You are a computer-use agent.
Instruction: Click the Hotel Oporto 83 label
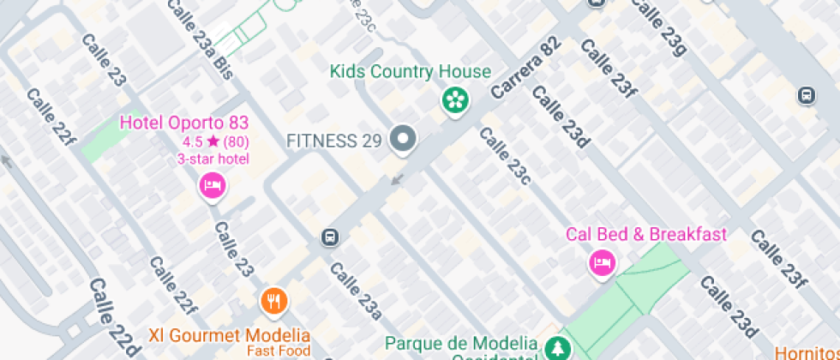pyautogui.click(x=183, y=123)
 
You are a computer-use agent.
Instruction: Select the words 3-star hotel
pyautogui.click(x=213, y=159)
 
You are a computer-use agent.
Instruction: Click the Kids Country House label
pyautogui.click(x=411, y=71)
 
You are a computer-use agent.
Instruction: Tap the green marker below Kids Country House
pyautogui.click(x=455, y=100)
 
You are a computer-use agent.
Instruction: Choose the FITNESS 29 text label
pyautogui.click(x=333, y=140)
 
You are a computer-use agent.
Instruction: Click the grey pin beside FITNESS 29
pyautogui.click(x=402, y=139)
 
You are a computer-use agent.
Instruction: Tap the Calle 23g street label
pyautogui.click(x=657, y=27)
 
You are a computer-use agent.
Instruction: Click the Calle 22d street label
pyautogui.click(x=113, y=315)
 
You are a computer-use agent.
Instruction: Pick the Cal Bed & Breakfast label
pyautogui.click(x=645, y=234)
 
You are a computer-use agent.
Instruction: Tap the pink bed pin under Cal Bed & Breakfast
pyautogui.click(x=602, y=261)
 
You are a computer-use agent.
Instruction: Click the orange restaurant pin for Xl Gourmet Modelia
pyautogui.click(x=274, y=300)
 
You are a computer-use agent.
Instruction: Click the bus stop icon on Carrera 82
pyautogui.click(x=329, y=237)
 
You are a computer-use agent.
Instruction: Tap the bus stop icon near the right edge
pyautogui.click(x=806, y=94)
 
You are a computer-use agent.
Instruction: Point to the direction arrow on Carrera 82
pyautogui.click(x=395, y=179)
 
